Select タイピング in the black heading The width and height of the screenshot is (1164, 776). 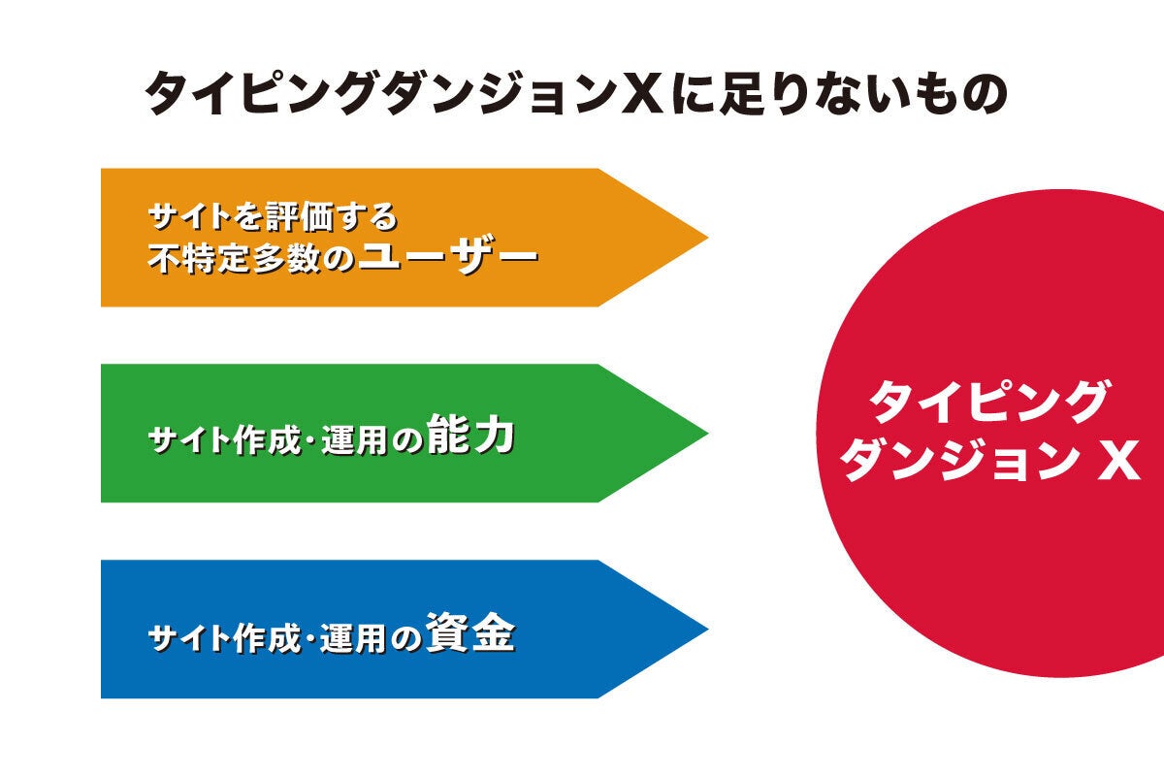coord(260,93)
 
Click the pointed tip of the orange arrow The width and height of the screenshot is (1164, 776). coord(708,238)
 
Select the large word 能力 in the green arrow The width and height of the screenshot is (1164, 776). coord(470,435)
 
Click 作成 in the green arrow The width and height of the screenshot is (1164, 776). coord(267,440)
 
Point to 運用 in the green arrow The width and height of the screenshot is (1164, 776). coord(354,440)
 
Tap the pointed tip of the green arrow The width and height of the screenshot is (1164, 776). coord(708,433)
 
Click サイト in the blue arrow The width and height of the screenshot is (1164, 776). coord(189,637)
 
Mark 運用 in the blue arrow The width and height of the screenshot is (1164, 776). coord(353,637)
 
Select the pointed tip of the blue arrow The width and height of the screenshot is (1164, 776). coord(708,629)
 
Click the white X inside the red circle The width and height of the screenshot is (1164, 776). coord(1118,460)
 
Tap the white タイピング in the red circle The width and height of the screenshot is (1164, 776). coord(989,402)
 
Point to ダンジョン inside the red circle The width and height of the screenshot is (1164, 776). coord(961,460)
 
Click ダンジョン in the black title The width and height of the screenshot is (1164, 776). coord(499,93)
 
